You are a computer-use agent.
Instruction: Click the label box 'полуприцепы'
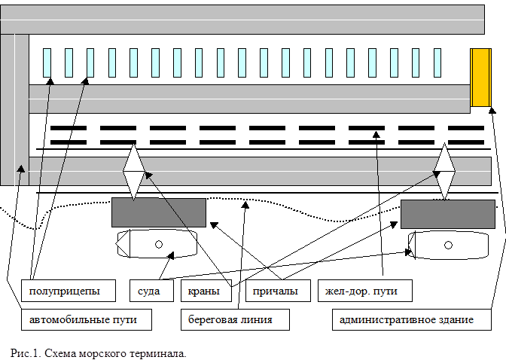click(69, 291)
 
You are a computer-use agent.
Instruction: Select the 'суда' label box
click(151, 291)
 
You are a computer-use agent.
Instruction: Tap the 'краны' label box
click(206, 291)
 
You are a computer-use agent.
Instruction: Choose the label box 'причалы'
click(278, 291)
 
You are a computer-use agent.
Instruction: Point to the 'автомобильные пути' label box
click(87, 319)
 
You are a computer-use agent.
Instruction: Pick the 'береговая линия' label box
click(235, 319)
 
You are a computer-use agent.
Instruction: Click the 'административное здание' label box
click(412, 319)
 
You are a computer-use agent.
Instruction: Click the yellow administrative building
click(481, 78)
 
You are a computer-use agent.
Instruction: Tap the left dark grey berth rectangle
click(159, 213)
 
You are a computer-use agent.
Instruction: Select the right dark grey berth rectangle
click(448, 214)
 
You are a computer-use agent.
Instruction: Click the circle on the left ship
click(159, 245)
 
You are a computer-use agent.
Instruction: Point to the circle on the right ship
click(448, 245)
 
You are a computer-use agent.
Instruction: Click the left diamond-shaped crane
click(133, 172)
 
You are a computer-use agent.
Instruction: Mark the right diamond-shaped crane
click(444, 172)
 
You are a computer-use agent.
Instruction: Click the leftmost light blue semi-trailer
click(47, 63)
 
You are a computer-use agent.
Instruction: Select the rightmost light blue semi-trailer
click(437, 63)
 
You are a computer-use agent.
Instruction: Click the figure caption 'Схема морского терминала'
click(115, 353)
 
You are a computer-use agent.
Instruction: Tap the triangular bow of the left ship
click(123, 244)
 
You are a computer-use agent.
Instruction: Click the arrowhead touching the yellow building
click(492, 111)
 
